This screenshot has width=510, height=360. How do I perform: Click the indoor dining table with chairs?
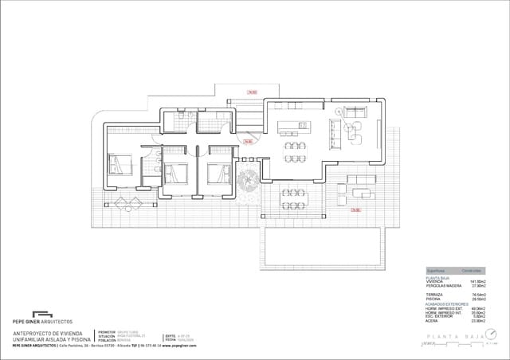coord(295,152)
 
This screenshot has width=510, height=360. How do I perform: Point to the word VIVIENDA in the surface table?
coord(435,281)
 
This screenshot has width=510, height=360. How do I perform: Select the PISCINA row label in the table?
coord(433,299)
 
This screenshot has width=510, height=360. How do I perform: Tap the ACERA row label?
coord(432,320)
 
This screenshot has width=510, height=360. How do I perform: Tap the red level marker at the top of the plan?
coord(251,92)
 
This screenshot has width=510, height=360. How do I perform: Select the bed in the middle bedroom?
coord(176,171)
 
